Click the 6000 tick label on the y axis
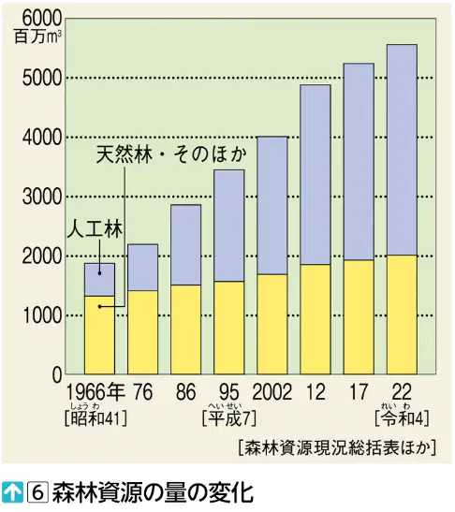(x=41, y=19)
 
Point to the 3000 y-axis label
(x=41, y=197)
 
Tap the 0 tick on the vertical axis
(x=57, y=374)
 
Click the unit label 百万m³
(x=37, y=37)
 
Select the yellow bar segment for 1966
(x=99, y=335)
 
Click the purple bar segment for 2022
(x=402, y=150)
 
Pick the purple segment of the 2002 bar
(x=272, y=205)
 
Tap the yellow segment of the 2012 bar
(x=316, y=319)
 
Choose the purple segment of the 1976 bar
(x=142, y=268)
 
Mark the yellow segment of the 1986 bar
(x=186, y=329)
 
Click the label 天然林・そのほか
(x=171, y=154)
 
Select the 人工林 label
(x=95, y=229)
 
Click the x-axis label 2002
(x=272, y=392)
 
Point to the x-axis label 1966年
(x=95, y=392)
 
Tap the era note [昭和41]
(x=95, y=418)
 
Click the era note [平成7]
(x=229, y=418)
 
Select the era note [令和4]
(x=402, y=418)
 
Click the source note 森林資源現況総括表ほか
(x=337, y=447)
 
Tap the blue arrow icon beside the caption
(x=12, y=492)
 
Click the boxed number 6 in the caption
(x=37, y=492)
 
